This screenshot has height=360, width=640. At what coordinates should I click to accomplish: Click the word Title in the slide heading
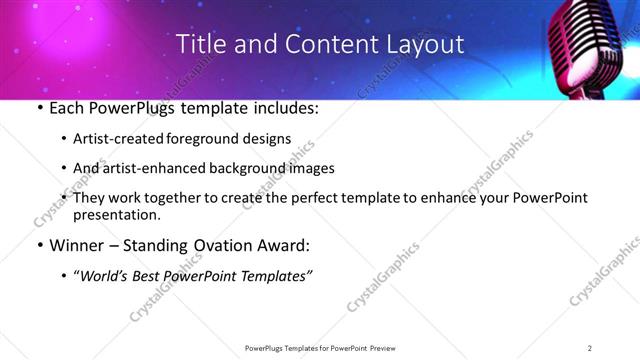click(x=200, y=44)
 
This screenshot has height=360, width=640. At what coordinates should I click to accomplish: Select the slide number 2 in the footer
click(x=590, y=347)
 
